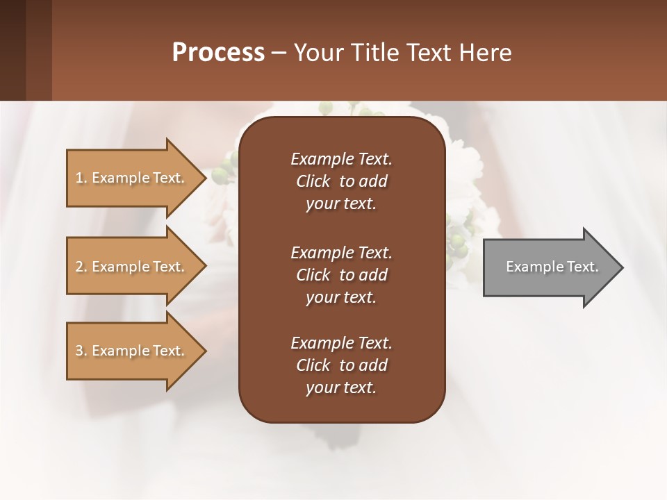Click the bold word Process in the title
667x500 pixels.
[x=218, y=53]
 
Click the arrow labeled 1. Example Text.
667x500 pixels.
[x=132, y=178]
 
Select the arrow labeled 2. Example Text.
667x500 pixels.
[x=132, y=267]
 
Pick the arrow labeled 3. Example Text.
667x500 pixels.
[x=132, y=351]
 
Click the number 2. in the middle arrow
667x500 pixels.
[x=81, y=267]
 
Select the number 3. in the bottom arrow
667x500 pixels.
[x=81, y=351]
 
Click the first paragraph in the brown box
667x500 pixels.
[x=341, y=181]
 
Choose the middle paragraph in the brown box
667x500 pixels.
[x=341, y=275]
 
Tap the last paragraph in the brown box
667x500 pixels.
[x=341, y=365]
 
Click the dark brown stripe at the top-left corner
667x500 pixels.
[x=13, y=50]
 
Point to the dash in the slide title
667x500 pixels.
[x=279, y=53]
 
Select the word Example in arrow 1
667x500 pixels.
[x=121, y=178]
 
